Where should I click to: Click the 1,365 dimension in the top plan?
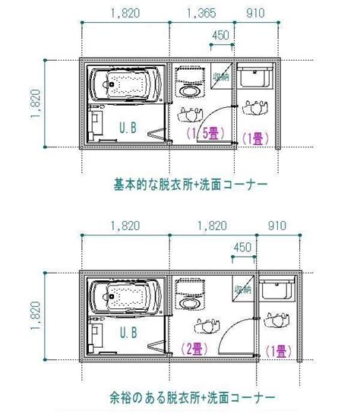coord(201,13)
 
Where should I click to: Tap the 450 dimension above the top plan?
coord(220,35)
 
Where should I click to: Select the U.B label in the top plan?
coord(128,128)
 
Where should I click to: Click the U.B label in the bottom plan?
coord(128,333)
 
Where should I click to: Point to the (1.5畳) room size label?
coord(205,133)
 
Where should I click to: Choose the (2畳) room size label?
coord(194,349)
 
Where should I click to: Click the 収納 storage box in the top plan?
coord(222,76)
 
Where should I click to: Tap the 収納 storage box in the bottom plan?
coord(243,289)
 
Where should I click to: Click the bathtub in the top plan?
coord(125,84)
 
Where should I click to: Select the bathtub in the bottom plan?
coord(125,297)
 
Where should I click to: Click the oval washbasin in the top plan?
coord(190,91)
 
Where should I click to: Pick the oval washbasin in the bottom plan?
coord(190,303)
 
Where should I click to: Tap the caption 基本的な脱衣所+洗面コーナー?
coord(191,185)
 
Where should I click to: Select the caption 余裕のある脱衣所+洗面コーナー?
coord(192,397)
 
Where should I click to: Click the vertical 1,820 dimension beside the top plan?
coord(36,104)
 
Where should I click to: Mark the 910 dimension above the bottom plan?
coord(277,226)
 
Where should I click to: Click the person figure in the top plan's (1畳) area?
coord(255,107)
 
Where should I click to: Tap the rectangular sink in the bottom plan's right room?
coord(277,290)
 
